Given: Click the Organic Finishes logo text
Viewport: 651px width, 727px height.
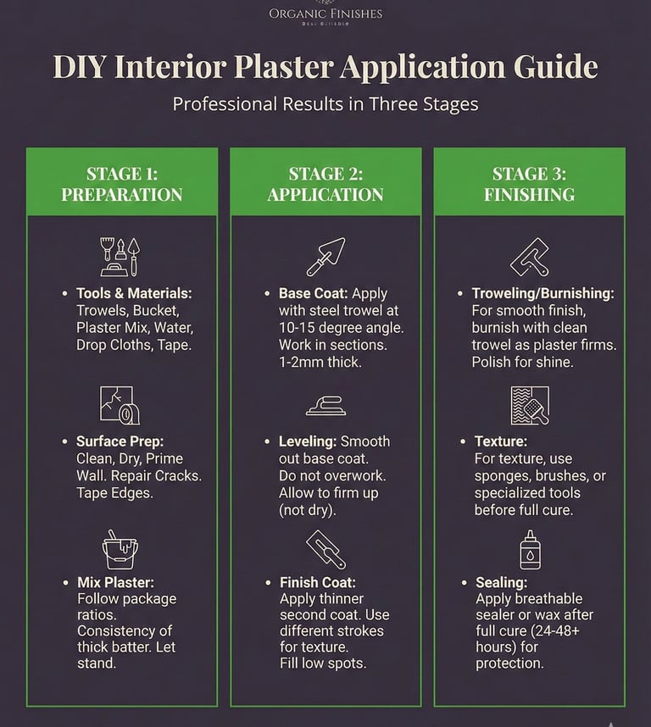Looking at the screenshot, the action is pos(325,14).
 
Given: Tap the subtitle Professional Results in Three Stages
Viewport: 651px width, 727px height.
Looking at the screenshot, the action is pos(325,104).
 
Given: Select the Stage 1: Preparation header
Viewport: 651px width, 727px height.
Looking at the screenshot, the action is pos(122,184).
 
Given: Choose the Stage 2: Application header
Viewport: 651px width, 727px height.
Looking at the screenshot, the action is pos(325,184).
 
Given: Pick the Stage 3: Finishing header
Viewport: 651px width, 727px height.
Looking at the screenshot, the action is pos(529,184).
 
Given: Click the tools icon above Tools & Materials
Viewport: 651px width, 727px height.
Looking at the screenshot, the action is pos(120,256).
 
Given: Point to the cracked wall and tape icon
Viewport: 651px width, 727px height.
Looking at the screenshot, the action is pos(120,404).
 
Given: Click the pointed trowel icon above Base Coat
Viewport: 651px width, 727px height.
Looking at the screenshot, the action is pos(325,256).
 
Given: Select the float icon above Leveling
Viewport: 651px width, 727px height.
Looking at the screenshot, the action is pos(325,406).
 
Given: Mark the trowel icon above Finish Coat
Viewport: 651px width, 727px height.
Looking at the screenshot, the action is pos(325,549).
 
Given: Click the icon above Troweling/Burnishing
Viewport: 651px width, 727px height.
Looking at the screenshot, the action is pos(530,257).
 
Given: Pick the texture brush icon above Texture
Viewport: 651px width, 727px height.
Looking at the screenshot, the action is pos(530,404).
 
